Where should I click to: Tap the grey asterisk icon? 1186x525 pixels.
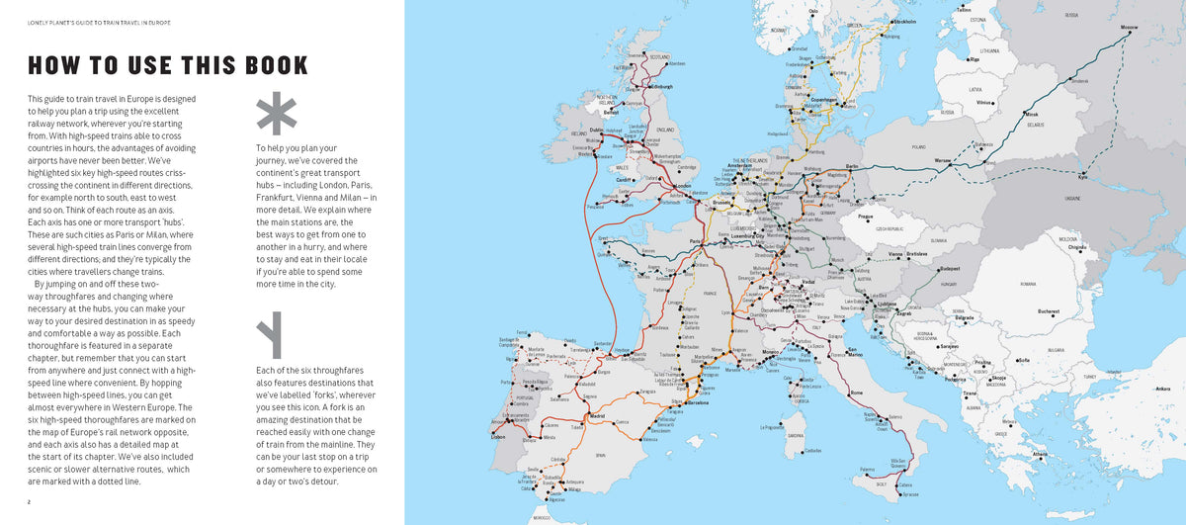[x=276, y=114]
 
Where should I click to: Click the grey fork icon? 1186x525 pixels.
[x=269, y=337]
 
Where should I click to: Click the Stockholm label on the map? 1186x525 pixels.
[x=903, y=21]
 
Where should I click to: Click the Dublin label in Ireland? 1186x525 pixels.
[x=596, y=130]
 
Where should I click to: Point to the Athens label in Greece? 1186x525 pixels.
[x=1040, y=454]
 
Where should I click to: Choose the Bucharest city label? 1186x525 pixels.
[x=1049, y=310]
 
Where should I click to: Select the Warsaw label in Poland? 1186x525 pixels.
[x=943, y=159]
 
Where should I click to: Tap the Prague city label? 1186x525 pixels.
[x=865, y=216]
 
